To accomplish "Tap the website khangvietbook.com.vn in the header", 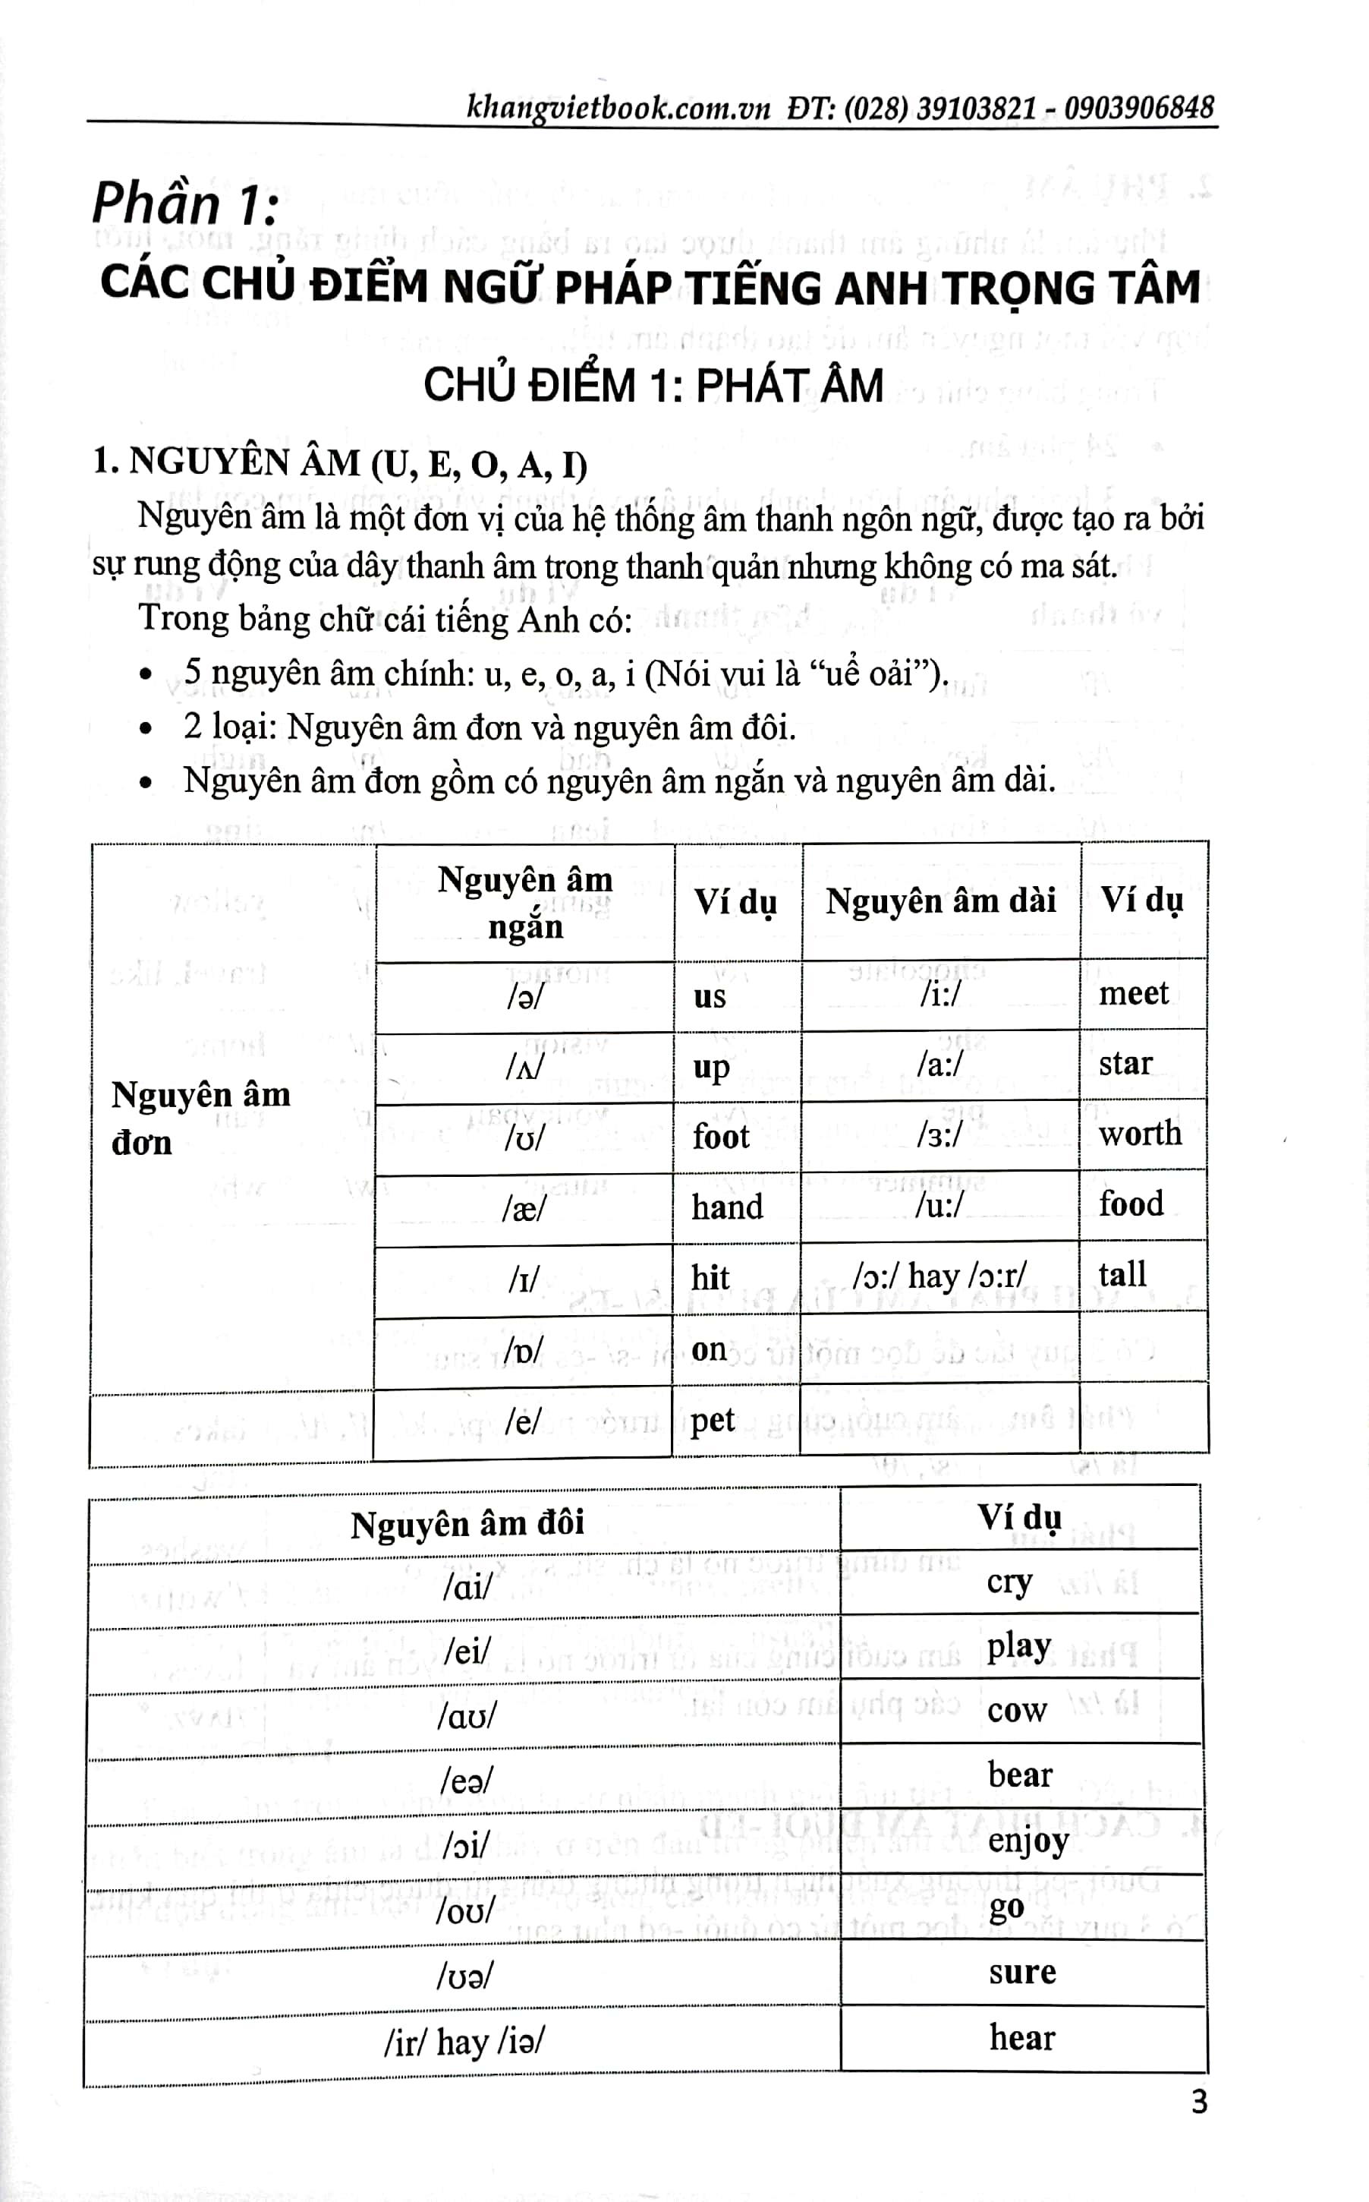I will (618, 109).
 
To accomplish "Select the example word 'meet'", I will (1134, 994).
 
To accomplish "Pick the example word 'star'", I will (1125, 1063).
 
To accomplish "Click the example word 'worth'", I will (1140, 1133).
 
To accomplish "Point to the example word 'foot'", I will (721, 1137).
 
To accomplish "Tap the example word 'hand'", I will (727, 1207).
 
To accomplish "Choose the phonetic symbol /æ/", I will (524, 1208).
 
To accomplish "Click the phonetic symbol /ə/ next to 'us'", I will (525, 995).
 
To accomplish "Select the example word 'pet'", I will (713, 1421).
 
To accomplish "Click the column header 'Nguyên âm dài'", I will (941, 901).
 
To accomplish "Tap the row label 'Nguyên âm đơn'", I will (200, 1118).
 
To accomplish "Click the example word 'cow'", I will (1017, 1710).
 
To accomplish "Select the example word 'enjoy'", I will (1028, 1841).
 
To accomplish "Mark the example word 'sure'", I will (1022, 1971).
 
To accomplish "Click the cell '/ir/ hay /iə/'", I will (464, 2042).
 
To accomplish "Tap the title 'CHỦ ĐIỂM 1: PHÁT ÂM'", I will (653, 386).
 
